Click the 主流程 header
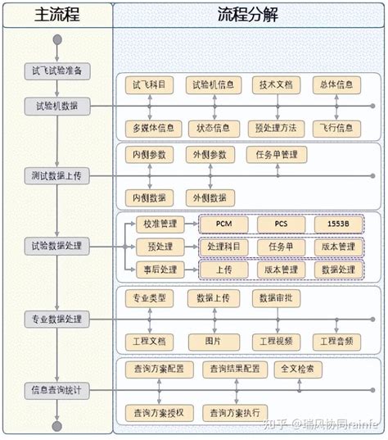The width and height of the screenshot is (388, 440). click(55, 15)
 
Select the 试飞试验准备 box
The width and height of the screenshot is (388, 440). click(56, 72)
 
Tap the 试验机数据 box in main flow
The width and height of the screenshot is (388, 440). click(56, 106)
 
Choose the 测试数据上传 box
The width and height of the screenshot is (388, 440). click(56, 176)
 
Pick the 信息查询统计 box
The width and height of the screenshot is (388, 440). click(56, 390)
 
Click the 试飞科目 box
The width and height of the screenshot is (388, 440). click(148, 84)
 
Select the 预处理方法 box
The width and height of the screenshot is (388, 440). click(275, 129)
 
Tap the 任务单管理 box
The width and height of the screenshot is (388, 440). click(277, 155)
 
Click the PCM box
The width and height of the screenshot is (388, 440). click(224, 224)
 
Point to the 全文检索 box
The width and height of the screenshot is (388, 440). click(298, 370)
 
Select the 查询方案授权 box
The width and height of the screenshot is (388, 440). click(159, 412)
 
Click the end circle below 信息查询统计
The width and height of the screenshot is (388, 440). click(56, 426)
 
